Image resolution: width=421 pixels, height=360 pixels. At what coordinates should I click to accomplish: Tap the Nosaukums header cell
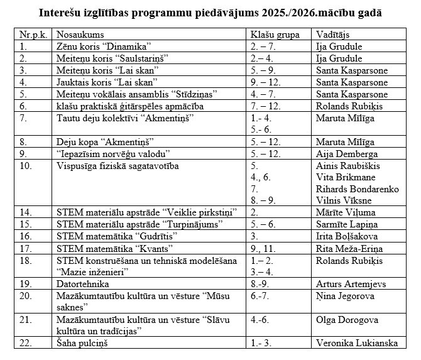(80, 35)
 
